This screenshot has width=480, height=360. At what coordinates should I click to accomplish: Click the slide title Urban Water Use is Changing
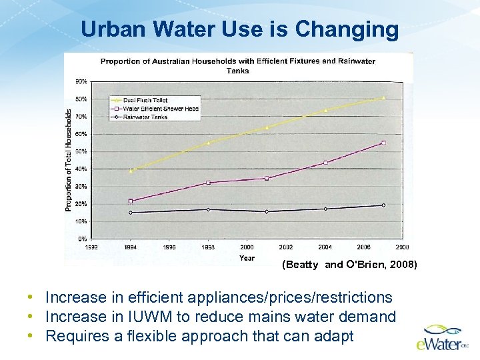tap(239, 29)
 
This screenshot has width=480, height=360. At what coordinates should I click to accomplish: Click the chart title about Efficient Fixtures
tap(237, 65)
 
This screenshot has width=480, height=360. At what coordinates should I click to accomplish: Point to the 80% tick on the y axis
tap(81, 99)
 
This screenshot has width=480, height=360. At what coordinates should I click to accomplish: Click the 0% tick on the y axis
tap(82, 238)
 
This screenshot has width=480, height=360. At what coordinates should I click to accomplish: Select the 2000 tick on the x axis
tap(247, 247)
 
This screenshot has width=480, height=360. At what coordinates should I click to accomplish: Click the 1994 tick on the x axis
tap(130, 247)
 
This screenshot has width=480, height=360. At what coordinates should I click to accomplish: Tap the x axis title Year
tap(247, 257)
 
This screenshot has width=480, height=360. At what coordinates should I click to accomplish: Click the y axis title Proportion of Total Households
tap(69, 161)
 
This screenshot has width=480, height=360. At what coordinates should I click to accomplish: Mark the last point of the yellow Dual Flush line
tap(383, 98)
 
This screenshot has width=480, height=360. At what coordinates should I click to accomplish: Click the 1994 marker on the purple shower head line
tap(131, 201)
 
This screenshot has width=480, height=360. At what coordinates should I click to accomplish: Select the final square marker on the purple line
tap(383, 143)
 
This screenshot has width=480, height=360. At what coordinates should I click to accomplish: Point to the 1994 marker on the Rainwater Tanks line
tap(131, 213)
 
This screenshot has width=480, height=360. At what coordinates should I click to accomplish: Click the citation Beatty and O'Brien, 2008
tap(350, 265)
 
